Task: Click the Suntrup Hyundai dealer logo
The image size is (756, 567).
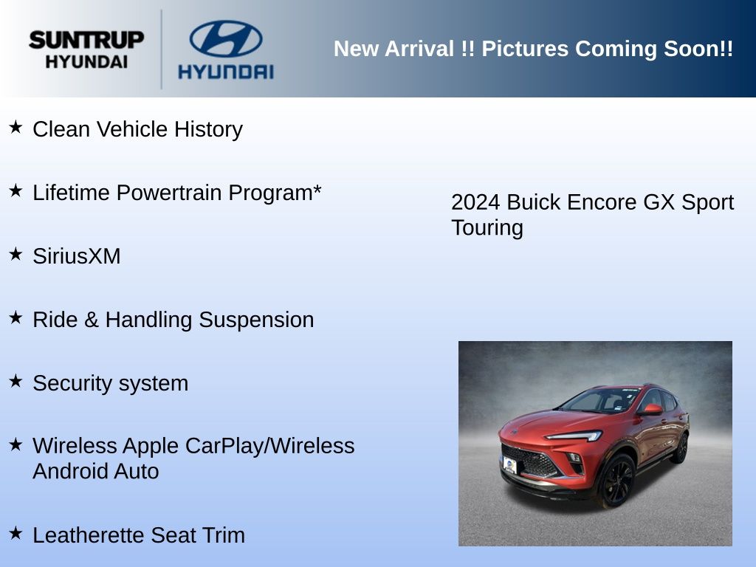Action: [86, 49]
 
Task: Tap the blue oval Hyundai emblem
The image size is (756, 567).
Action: [226, 38]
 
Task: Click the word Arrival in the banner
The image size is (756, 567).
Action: [419, 49]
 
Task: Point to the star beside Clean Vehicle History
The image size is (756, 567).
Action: [16, 127]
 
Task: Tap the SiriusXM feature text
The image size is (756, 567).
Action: [77, 256]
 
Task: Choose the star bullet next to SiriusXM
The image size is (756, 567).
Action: [16, 254]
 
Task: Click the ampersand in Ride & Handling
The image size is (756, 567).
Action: [91, 320]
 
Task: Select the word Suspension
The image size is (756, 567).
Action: [256, 320]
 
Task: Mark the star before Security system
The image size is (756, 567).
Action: [16, 381]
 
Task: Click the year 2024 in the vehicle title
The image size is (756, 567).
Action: [475, 202]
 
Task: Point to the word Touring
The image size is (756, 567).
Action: [487, 228]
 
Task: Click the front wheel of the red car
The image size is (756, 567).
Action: [617, 481]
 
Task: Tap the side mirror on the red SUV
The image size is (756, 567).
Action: [651, 410]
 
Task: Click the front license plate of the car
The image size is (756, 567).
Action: [509, 465]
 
